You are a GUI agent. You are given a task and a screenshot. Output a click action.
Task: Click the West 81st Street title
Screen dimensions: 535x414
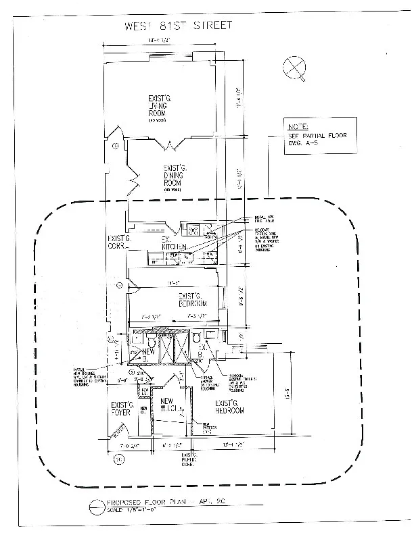coord(179,26)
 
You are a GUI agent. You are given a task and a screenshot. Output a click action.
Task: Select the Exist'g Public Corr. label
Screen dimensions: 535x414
coord(187,461)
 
